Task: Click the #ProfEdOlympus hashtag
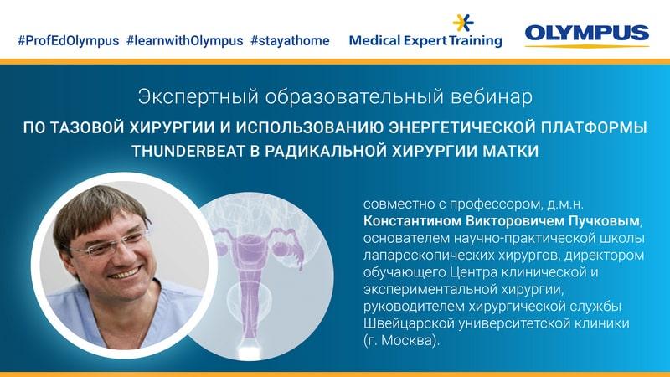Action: (x=67, y=40)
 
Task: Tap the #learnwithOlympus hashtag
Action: (x=184, y=40)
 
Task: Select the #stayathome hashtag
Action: (x=290, y=40)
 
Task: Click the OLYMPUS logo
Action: (x=586, y=34)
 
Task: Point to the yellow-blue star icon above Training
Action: (x=463, y=23)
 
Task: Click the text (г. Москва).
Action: (x=401, y=341)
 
